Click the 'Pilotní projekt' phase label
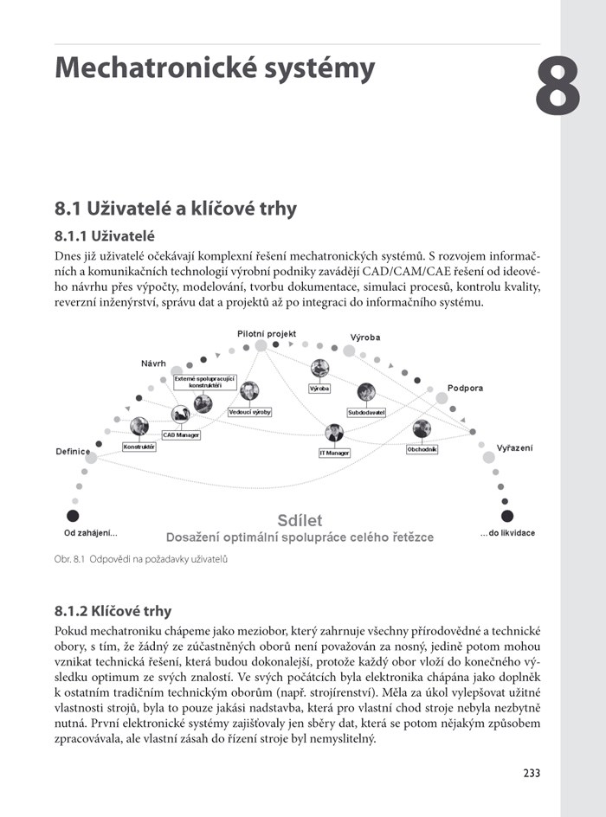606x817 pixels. (x=267, y=333)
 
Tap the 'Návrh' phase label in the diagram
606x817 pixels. (x=153, y=363)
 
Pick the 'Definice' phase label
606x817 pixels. (x=73, y=451)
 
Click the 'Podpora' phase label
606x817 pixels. (x=465, y=388)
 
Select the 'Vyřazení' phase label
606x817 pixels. (x=514, y=447)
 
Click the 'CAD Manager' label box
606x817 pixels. (x=181, y=435)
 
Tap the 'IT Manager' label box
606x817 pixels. (x=334, y=453)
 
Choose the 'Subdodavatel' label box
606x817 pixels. (x=366, y=413)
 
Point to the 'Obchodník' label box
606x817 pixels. (x=422, y=449)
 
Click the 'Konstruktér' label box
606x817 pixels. (x=139, y=447)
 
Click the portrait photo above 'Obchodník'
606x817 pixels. (x=422, y=429)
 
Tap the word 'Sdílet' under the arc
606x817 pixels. (x=300, y=520)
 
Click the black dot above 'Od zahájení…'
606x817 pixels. (x=73, y=516)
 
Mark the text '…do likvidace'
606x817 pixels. (x=507, y=533)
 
